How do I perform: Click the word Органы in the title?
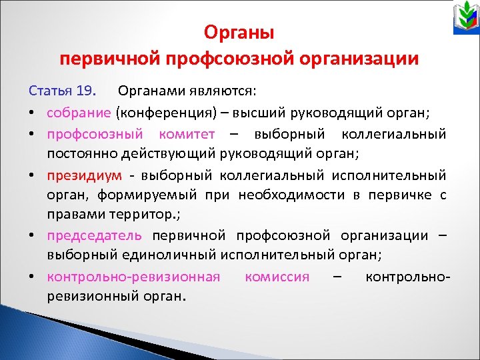click(x=239, y=32)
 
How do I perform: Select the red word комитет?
click(x=187, y=134)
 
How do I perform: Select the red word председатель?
click(x=94, y=235)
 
